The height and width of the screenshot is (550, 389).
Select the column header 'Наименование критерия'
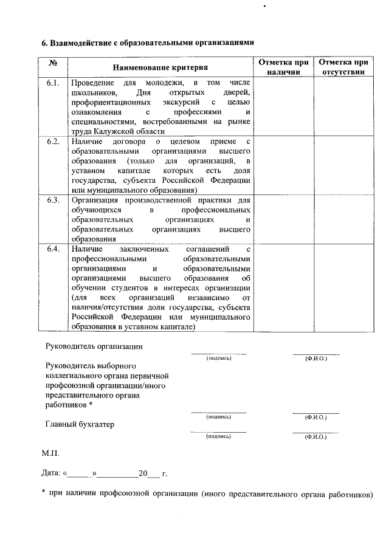pyautogui.click(x=160, y=67)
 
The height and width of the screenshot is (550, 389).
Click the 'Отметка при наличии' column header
pyautogui.click(x=283, y=67)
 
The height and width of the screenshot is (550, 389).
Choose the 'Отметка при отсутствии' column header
pyautogui.click(x=343, y=67)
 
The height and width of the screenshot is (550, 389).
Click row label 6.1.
pyautogui.click(x=53, y=82)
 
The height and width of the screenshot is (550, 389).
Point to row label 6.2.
pyautogui.click(x=53, y=142)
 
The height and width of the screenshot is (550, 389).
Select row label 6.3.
pyautogui.click(x=53, y=200)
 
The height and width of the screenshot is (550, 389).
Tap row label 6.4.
pyautogui.click(x=53, y=249)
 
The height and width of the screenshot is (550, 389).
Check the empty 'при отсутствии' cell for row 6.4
pyautogui.click(x=343, y=288)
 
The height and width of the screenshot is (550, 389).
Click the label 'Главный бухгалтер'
pyautogui.click(x=80, y=424)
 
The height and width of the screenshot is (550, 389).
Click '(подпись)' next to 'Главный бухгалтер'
pyautogui.click(x=219, y=436)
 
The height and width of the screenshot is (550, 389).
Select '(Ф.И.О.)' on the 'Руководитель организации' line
pyautogui.click(x=316, y=359)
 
